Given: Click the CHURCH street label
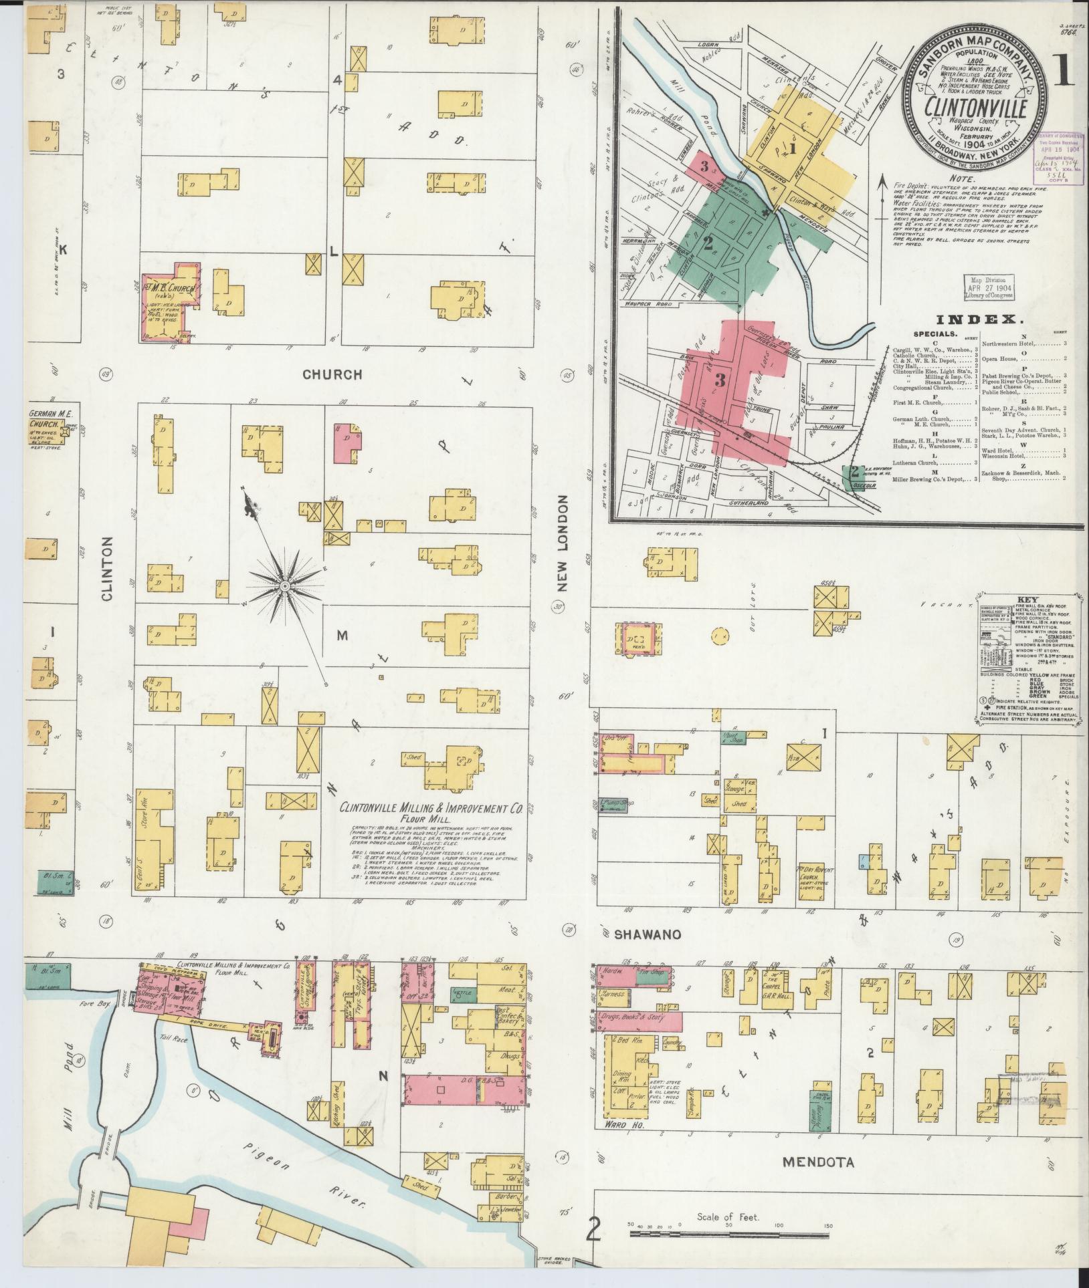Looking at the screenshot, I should [332, 374].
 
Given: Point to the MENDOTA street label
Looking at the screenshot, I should [819, 1162].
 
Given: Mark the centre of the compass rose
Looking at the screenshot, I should [285, 586].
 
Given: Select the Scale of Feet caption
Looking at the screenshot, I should [727, 1217].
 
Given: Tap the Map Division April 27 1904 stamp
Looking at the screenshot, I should [989, 286].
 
